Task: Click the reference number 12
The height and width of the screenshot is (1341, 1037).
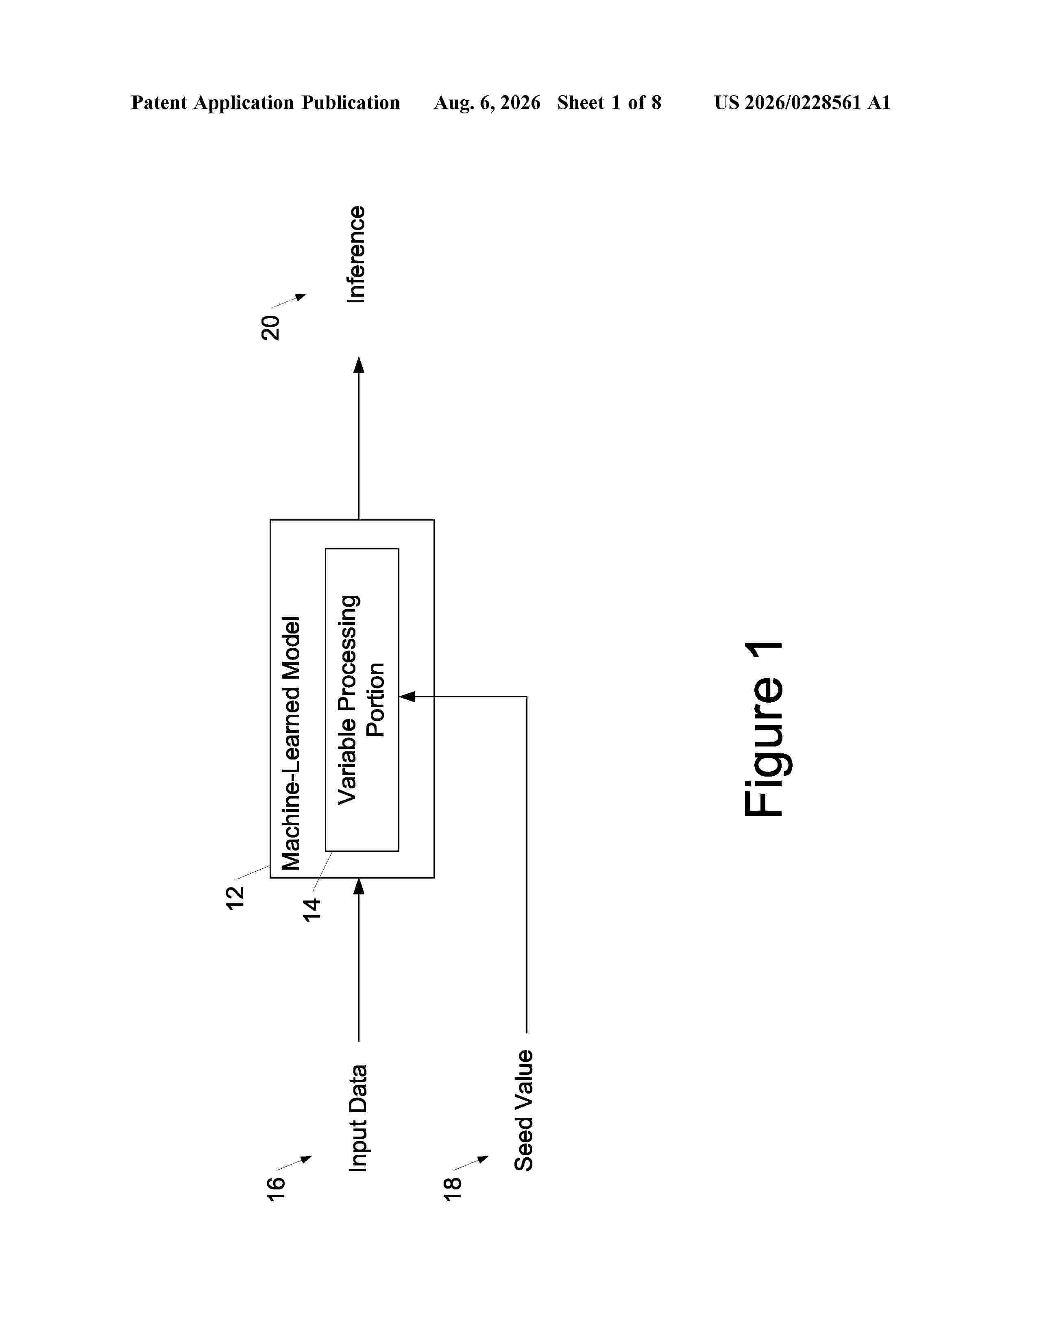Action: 235,898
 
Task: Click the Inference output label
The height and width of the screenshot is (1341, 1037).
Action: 356,254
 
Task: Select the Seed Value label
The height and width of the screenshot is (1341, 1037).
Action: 523,1110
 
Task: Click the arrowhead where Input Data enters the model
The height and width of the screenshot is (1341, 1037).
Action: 359,886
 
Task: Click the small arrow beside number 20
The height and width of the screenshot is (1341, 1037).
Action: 289,301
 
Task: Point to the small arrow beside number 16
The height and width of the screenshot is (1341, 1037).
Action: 294,1163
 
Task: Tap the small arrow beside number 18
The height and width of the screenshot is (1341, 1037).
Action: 471,1163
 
